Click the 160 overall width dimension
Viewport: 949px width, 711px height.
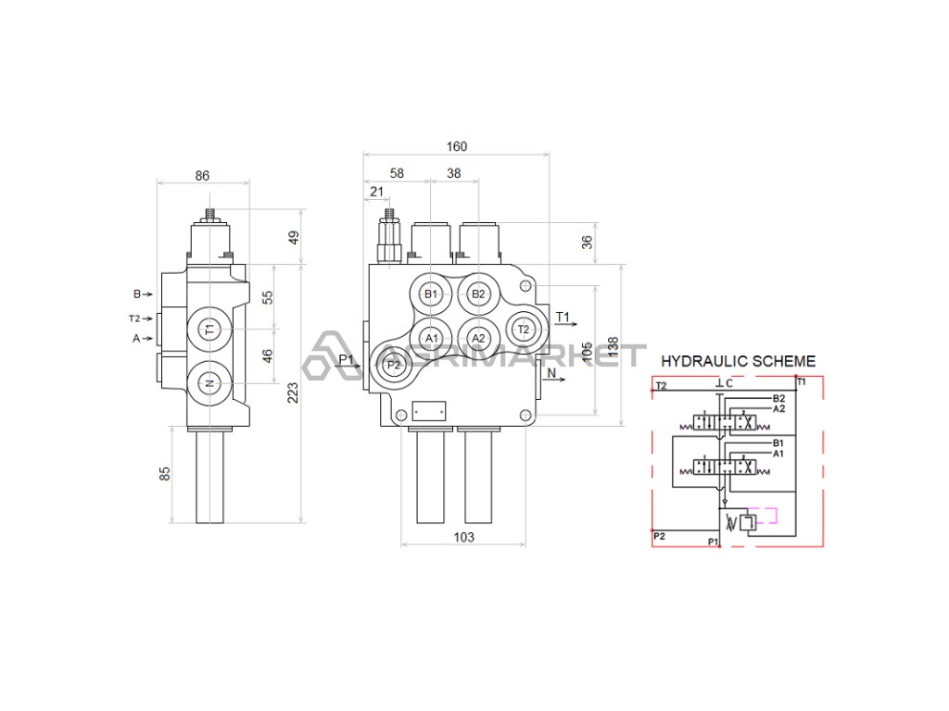click(456, 146)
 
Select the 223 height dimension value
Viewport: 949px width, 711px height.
click(294, 393)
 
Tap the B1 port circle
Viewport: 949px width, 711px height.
click(430, 294)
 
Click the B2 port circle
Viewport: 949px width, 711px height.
click(478, 294)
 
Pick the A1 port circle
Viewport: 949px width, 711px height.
click(431, 338)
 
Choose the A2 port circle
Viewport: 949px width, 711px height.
click(478, 338)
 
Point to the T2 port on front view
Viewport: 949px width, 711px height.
click(523, 329)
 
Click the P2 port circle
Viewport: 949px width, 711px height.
click(394, 364)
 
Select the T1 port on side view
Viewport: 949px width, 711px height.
click(209, 329)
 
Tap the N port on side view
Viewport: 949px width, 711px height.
click(209, 382)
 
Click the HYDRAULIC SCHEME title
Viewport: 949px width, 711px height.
click(738, 361)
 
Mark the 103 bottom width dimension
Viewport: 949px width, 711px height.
click(463, 537)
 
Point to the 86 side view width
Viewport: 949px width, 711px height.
click(203, 175)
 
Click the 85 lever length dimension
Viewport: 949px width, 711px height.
click(165, 473)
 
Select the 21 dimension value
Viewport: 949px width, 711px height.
click(376, 192)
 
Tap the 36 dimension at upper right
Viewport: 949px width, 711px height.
click(586, 243)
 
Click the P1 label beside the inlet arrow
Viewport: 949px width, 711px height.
click(346, 359)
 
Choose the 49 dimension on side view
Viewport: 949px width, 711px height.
click(294, 237)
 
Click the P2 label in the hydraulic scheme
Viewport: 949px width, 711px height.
click(659, 536)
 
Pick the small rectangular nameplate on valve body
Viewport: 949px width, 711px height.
click(429, 409)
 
